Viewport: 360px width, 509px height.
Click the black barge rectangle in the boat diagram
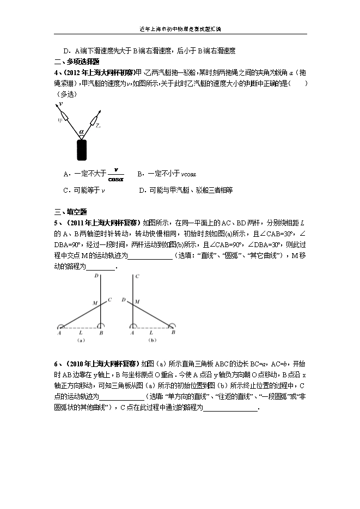click(x=82, y=149)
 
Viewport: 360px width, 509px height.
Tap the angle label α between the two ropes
click(x=82, y=131)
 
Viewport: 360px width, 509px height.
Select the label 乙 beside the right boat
click(x=97, y=125)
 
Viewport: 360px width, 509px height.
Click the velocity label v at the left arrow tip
click(x=60, y=102)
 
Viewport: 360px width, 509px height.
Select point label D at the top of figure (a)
click(x=96, y=276)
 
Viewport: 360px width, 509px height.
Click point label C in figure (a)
click(x=109, y=299)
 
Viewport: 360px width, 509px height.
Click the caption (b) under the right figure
click(x=153, y=341)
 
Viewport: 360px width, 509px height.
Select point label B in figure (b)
click(x=174, y=333)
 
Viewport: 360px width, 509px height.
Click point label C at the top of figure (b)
click(x=137, y=276)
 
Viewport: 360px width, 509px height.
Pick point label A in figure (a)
click(x=59, y=333)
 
